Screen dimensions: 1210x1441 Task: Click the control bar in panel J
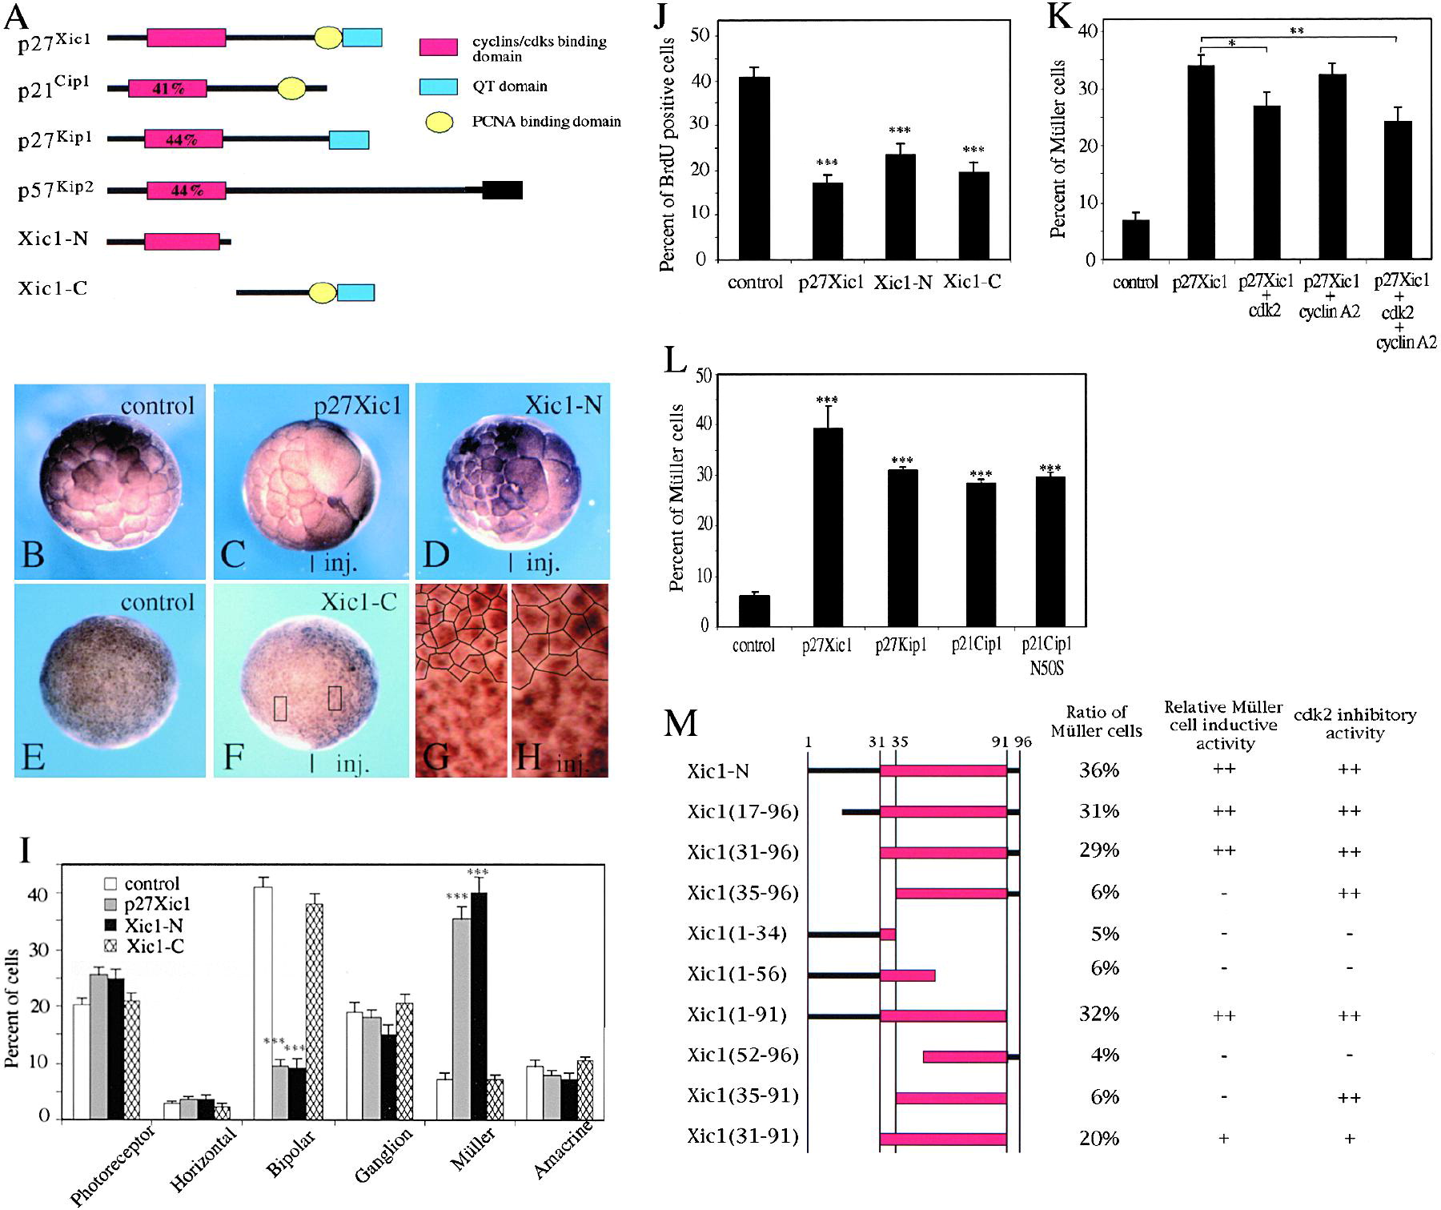click(x=755, y=168)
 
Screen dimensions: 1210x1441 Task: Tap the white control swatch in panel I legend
click(x=110, y=884)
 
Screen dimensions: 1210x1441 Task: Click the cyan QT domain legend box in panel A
click(x=438, y=86)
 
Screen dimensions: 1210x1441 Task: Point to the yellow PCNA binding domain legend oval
click(x=438, y=122)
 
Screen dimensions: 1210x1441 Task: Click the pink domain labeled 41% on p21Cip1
click(x=167, y=89)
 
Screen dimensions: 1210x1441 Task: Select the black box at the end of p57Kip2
click(x=502, y=190)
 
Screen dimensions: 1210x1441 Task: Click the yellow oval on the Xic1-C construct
click(x=323, y=293)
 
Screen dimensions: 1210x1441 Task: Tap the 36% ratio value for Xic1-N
click(x=1098, y=770)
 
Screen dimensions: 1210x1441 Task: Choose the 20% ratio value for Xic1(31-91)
click(x=1098, y=1138)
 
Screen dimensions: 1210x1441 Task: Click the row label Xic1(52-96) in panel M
click(x=742, y=1055)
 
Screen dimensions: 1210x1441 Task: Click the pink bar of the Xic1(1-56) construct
click(x=907, y=975)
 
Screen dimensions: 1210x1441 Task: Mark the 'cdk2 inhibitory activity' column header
click(x=1355, y=723)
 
